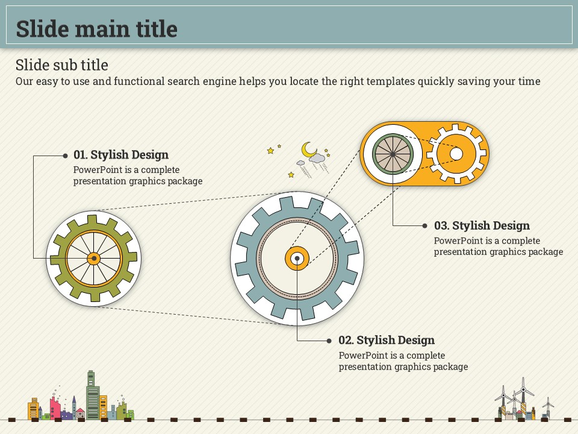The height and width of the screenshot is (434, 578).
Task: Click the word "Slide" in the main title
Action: pyautogui.click(x=42, y=29)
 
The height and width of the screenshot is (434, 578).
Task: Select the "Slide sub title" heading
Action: pyautogui.click(x=62, y=65)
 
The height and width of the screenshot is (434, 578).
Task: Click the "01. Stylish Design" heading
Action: pyautogui.click(x=121, y=154)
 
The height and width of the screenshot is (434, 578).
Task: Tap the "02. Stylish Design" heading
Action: pyautogui.click(x=387, y=340)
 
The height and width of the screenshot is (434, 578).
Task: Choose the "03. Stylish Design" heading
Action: pyautogui.click(x=482, y=225)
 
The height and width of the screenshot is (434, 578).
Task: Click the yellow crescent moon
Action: pyautogui.click(x=308, y=149)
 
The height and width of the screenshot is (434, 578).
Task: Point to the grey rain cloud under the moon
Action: pyautogui.click(x=317, y=159)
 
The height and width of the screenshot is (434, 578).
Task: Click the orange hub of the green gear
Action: pyautogui.click(x=94, y=259)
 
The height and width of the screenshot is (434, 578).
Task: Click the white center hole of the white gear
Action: pyautogui.click(x=456, y=154)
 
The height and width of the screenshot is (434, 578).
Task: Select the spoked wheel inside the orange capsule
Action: pyautogui.click(x=393, y=154)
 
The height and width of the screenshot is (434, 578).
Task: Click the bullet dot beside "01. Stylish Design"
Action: pyautogui.click(x=65, y=156)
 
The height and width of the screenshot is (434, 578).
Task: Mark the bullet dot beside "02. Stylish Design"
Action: pyautogui.click(x=329, y=341)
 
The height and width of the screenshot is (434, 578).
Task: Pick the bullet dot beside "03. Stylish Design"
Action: pyautogui.click(x=424, y=225)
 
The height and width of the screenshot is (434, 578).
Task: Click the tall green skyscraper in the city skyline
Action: pyautogui.click(x=92, y=395)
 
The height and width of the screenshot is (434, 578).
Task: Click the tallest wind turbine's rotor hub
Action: pyautogui.click(x=523, y=389)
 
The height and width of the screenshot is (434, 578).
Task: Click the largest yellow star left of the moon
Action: pyautogui.click(x=270, y=151)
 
